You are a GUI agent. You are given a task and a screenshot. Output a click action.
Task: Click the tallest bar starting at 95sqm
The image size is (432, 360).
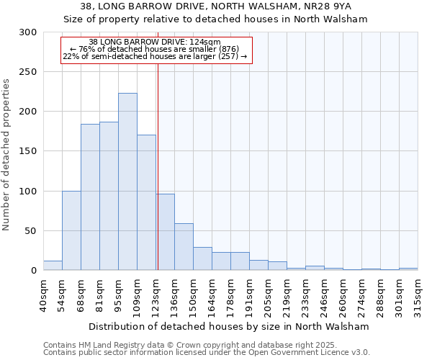click(127, 181)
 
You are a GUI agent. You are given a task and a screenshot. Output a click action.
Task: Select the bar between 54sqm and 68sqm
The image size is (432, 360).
click(71, 230)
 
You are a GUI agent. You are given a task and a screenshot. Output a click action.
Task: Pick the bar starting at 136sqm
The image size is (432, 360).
click(184, 247)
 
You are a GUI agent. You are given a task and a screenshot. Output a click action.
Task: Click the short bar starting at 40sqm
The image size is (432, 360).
click(53, 266)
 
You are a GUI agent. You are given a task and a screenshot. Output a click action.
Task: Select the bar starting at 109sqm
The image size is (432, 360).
click(146, 202)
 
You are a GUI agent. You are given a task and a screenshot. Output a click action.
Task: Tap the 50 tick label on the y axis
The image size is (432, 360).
click(30, 231)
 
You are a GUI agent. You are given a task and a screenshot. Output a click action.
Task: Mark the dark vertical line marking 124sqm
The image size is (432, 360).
click(158, 166)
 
